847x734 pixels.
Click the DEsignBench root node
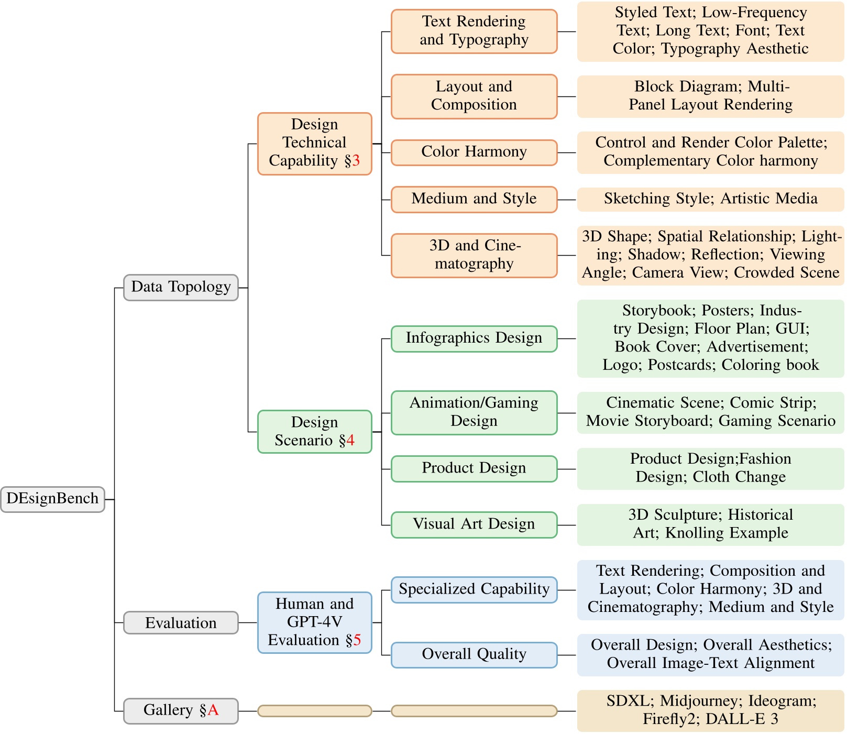coord(52,499)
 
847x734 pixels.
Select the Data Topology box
coord(181,287)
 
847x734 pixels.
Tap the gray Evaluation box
coord(181,623)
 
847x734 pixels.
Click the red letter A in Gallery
coord(213,710)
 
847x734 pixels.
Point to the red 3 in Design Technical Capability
coord(356,161)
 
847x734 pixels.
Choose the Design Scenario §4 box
coord(314,431)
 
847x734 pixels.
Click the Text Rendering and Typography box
coord(474,31)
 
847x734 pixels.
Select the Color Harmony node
coord(474,152)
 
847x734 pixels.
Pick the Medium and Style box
coord(474,199)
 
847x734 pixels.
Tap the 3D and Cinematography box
coord(474,255)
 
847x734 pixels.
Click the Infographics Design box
coord(474,338)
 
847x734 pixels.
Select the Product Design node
coord(474,468)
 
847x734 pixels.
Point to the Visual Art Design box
coord(474,524)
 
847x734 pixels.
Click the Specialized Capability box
coord(474,589)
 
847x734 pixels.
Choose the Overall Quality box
coord(474,654)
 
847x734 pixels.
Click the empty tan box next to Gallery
coord(314,711)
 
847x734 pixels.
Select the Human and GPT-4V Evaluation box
coord(314,622)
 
